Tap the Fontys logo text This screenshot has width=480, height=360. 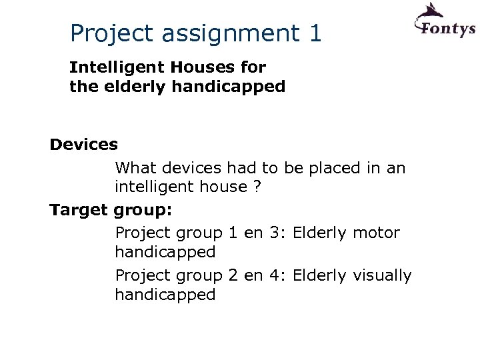pos(445,29)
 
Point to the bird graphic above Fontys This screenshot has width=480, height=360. pos(430,11)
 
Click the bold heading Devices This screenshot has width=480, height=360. pos(84,144)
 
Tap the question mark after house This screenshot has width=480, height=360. pos(257,187)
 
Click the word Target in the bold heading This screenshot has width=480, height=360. pos(78,210)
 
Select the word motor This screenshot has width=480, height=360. pos(376,233)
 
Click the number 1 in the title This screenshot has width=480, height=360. pos(315,33)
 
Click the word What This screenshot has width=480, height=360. pos(135,167)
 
